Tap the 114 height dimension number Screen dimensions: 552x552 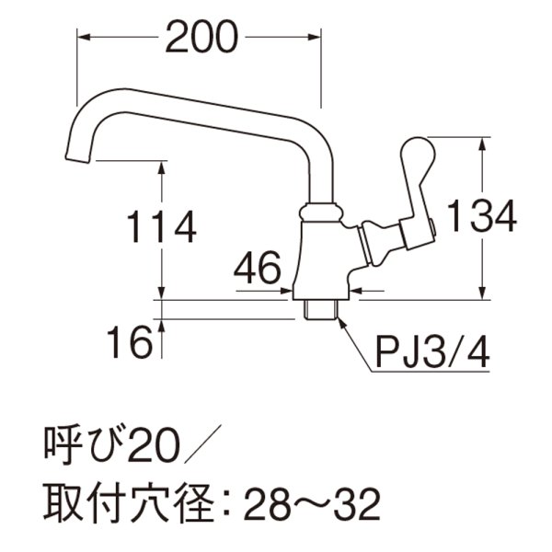tap(161, 226)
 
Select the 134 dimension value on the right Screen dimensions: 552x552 tap(481, 217)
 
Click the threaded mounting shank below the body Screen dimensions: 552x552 tap(320, 307)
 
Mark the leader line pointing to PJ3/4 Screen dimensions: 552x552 tap(354, 345)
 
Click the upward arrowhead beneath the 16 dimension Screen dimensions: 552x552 tap(163, 326)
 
